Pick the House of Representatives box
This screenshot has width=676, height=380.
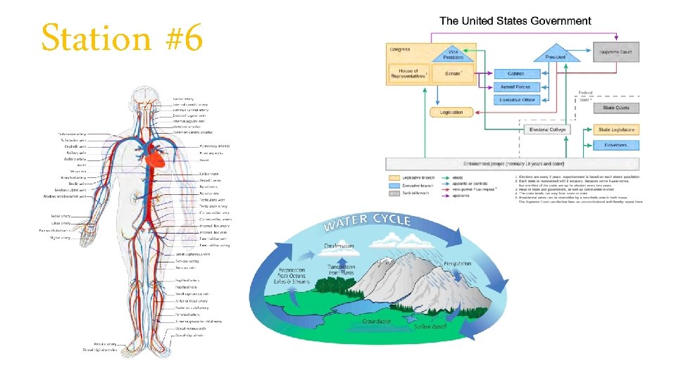click(x=408, y=73)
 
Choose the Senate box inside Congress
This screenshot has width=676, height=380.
click(x=453, y=73)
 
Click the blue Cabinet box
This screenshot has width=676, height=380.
click(x=518, y=73)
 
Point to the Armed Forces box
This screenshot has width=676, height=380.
click(x=518, y=87)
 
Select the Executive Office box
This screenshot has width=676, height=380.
click(x=518, y=100)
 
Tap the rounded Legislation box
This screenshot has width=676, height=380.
click(x=451, y=112)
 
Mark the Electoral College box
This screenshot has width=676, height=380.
click(x=547, y=129)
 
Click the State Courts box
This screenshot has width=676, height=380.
click(x=616, y=108)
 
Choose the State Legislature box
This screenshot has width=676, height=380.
click(x=616, y=129)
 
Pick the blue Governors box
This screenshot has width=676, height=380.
click(x=616, y=145)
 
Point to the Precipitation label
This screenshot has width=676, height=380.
click(x=458, y=264)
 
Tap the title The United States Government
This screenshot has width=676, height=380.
click(x=515, y=21)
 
